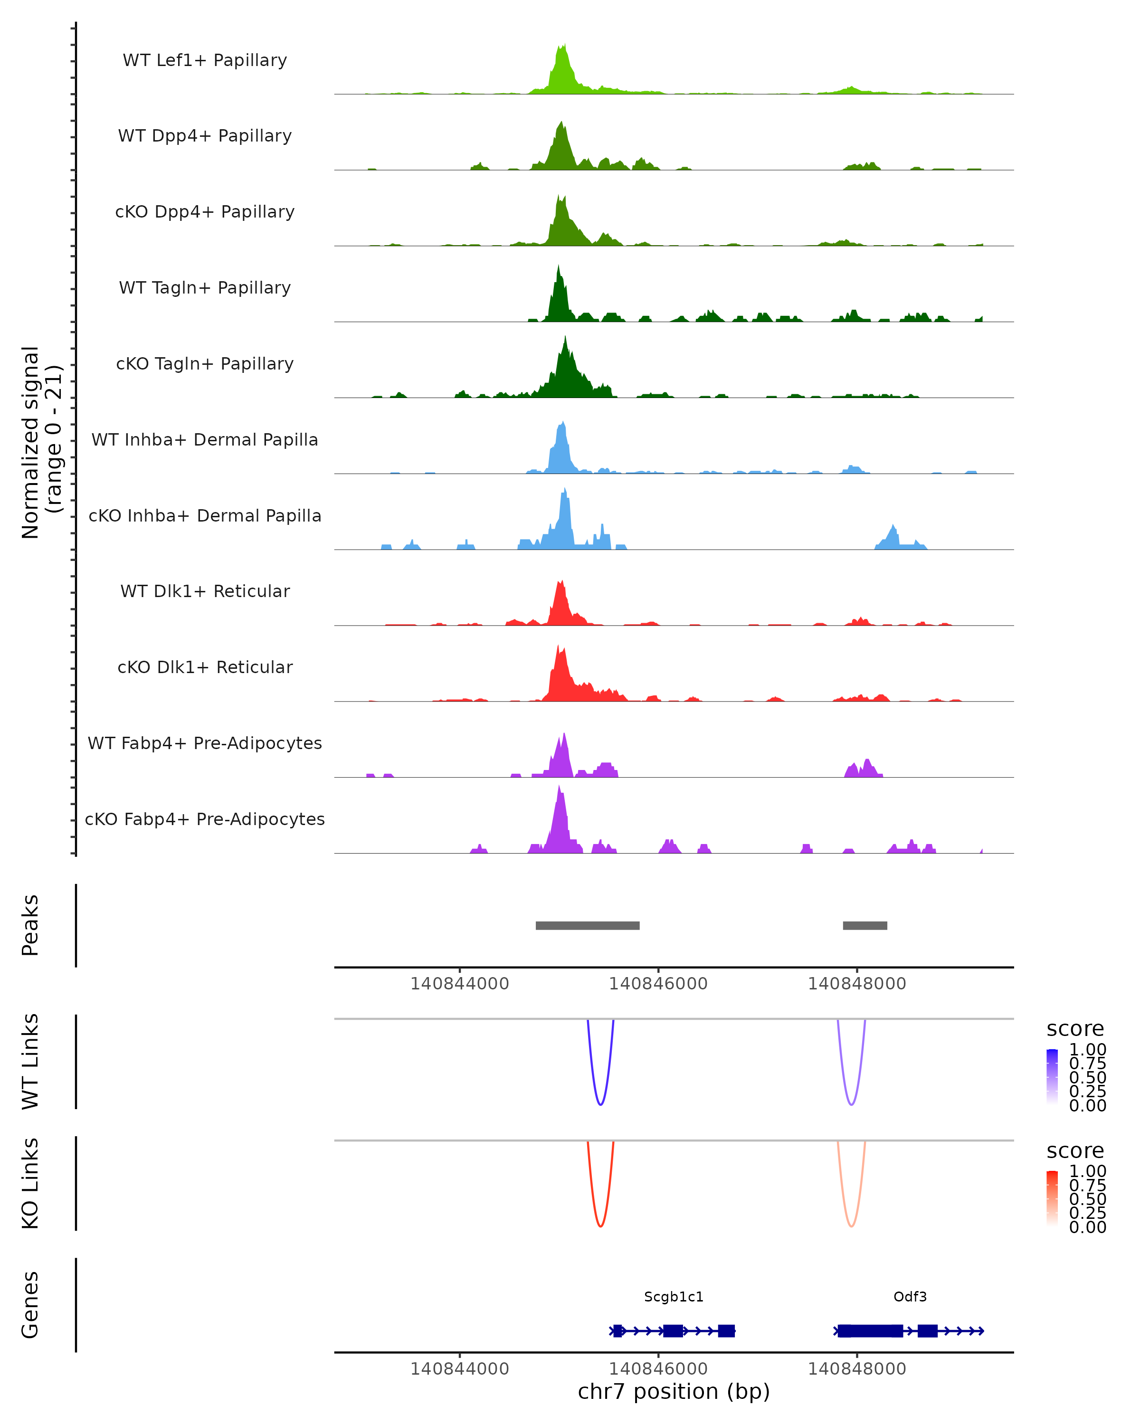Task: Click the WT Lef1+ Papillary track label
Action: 205,60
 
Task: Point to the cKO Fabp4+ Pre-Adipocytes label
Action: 205,819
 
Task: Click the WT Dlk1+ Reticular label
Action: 205,591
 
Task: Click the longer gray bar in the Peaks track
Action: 587,925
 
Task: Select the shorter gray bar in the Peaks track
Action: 864,925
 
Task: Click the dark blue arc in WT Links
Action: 600,1104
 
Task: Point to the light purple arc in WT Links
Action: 851,1104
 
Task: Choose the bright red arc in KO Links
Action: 600,1226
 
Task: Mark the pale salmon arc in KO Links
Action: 851,1226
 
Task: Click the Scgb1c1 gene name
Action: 674,1297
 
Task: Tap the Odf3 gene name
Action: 910,1297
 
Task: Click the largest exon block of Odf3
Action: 870,1330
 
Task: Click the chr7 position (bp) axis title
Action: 674,1392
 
